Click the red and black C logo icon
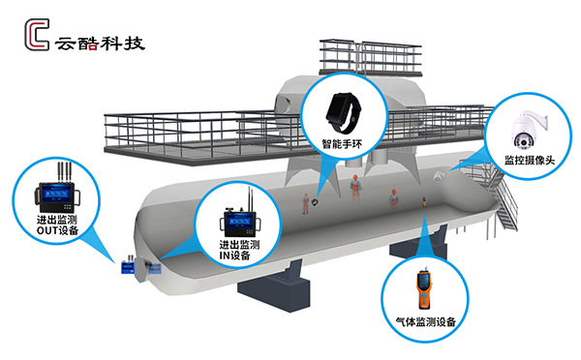[37, 35]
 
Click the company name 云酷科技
[100, 44]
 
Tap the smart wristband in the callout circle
[343, 112]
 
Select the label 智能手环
[342, 143]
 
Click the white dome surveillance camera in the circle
[528, 130]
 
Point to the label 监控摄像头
[530, 160]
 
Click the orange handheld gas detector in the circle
[425, 288]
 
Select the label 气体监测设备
[425, 321]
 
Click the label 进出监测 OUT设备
[57, 225]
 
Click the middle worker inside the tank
[355, 188]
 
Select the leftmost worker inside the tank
[306, 203]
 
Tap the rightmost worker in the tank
[393, 199]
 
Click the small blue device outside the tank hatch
[128, 267]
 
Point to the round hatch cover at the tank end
[141, 270]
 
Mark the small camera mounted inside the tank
[439, 177]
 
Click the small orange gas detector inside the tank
[423, 201]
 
